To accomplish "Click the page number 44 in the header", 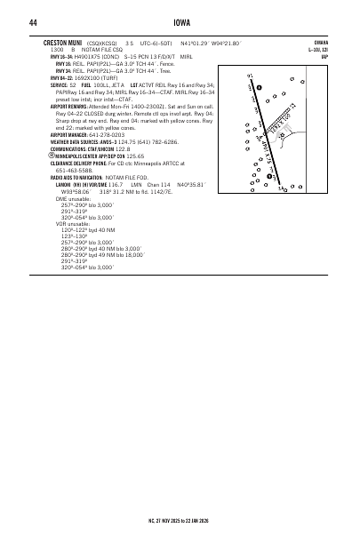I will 33,22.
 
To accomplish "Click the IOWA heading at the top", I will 180,22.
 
